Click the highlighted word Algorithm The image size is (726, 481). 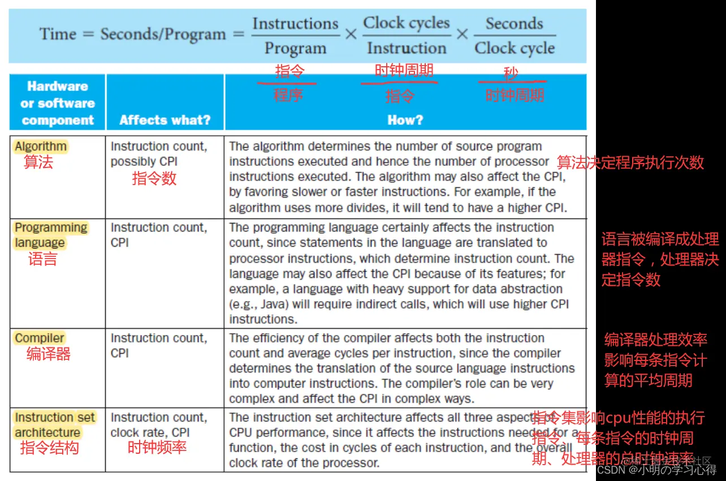(40, 147)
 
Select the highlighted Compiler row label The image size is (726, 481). (40, 338)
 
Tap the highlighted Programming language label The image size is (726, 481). (51, 235)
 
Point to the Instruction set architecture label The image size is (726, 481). (55, 425)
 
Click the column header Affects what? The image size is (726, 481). (165, 120)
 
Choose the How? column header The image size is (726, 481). (405, 120)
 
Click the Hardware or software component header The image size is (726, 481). (57, 103)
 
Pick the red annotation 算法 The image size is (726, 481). (38, 163)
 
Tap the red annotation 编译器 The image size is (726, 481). (48, 355)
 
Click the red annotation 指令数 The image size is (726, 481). (154, 179)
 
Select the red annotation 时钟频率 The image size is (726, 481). (157, 448)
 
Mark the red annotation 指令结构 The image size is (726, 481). (49, 448)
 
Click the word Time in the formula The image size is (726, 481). (58, 34)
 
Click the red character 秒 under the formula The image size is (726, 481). (511, 74)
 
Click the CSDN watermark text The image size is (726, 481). (656, 470)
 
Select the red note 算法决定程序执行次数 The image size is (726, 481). (630, 163)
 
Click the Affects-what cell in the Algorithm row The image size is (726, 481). (159, 154)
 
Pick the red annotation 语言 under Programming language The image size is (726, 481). (43, 260)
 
